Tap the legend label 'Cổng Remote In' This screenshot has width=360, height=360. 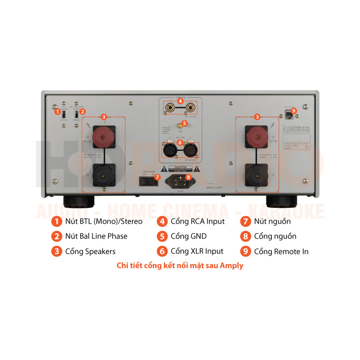pyautogui.click(x=281, y=252)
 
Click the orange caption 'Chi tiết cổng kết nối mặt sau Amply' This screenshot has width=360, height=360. pyautogui.click(x=180, y=265)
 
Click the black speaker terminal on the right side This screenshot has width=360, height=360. pyautogui.click(x=257, y=173)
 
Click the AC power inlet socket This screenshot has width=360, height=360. pyautogui.click(x=180, y=181)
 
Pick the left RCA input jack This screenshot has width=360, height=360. pyautogui.click(x=171, y=108)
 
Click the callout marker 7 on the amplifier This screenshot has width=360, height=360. pyautogui.click(x=157, y=177)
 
